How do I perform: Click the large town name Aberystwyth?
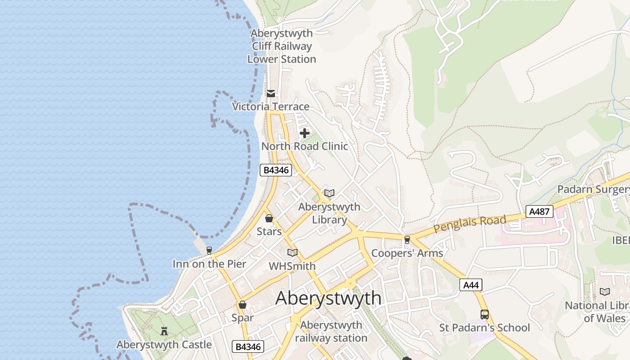328,298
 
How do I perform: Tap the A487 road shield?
539,211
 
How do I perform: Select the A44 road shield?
471,284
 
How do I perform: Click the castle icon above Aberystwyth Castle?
164,331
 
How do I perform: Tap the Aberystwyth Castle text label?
164,345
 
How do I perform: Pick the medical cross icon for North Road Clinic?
305,133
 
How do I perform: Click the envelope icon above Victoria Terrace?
271,94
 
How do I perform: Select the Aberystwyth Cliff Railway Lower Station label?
282,46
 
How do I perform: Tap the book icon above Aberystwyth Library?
329,193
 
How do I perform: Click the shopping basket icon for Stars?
269,218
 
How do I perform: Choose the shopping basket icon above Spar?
243,305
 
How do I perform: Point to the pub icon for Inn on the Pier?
209,251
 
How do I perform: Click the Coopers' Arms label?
407,253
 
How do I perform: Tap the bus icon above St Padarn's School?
485,315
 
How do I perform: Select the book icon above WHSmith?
292,253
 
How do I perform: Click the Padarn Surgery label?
593,189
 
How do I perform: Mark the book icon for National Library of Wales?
605,292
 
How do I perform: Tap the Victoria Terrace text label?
271,107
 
